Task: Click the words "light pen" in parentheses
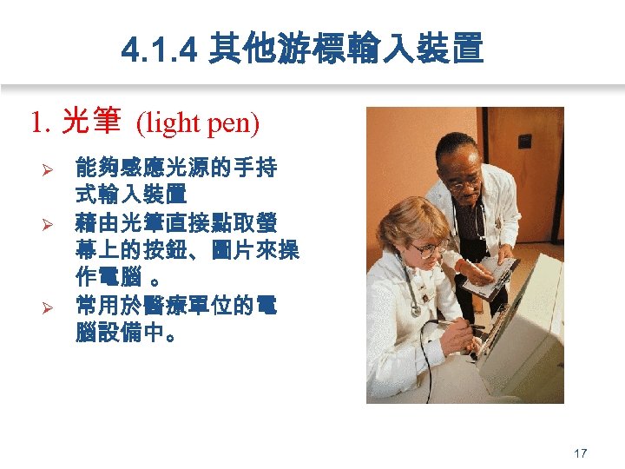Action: pos(197,123)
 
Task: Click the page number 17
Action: pos(581,452)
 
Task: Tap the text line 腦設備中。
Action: pos(129,334)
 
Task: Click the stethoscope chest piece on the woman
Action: pos(416,309)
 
